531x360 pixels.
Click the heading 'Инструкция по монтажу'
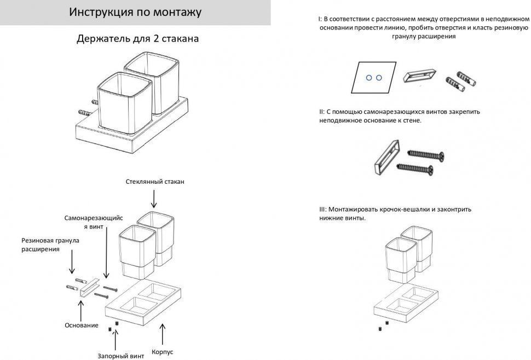(x=135, y=13)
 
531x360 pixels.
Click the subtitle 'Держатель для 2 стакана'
(x=137, y=39)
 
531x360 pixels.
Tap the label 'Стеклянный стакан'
(x=155, y=182)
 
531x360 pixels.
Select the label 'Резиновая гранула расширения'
(x=50, y=245)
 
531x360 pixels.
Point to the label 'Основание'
(x=82, y=326)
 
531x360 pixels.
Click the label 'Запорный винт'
(x=121, y=356)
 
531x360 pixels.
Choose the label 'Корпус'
(x=163, y=352)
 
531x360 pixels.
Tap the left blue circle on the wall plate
(x=369, y=78)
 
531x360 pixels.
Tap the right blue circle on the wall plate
(x=378, y=78)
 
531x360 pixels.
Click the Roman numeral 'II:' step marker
(x=322, y=112)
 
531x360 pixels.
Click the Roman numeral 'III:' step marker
(x=323, y=209)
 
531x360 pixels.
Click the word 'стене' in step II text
(x=412, y=120)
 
